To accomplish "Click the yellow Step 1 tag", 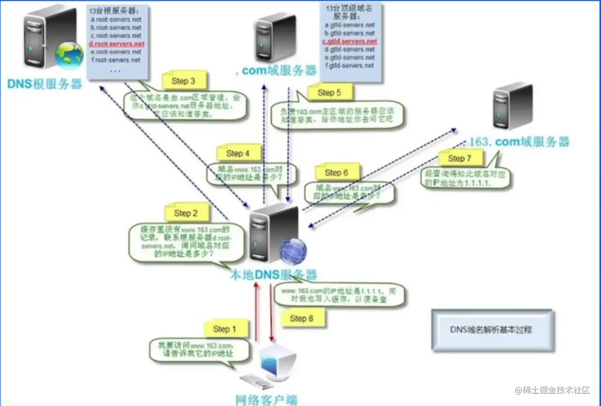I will [221, 329].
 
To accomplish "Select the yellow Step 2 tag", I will [186, 214].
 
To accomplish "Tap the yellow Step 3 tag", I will [183, 81].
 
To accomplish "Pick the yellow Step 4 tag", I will [238, 153].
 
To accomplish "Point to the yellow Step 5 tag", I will [329, 93].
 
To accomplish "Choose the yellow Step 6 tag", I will [336, 173].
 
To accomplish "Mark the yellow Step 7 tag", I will [459, 159].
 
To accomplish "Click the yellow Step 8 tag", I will [301, 319].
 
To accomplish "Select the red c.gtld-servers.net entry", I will [350, 41].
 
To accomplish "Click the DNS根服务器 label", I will [45, 84].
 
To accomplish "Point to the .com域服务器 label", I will [276, 71].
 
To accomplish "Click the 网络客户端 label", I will [266, 400].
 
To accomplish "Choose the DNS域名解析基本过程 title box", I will [491, 329].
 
